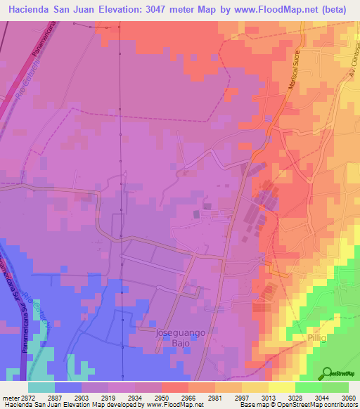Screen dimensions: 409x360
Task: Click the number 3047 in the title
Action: pyautogui.click(x=166, y=11)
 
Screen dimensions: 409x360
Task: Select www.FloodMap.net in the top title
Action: pyautogui.click(x=269, y=11)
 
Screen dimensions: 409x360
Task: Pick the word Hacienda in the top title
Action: pyautogui.click(x=34, y=11)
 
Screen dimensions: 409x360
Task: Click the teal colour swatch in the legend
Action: pyautogui.click(x=42, y=387)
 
